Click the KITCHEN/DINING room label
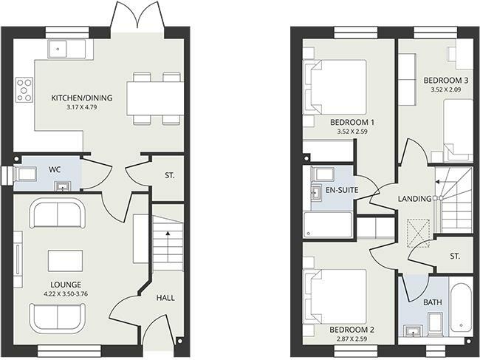[x=81, y=98]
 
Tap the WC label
[x=55, y=170]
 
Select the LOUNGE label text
[x=66, y=284]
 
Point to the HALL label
[x=165, y=297]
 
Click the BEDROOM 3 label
[x=445, y=80]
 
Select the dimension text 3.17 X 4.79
[x=80, y=109]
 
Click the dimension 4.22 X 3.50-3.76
[x=66, y=293]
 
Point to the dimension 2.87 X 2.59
[x=352, y=338]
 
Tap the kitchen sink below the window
[x=62, y=48]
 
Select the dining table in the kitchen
[x=154, y=98]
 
